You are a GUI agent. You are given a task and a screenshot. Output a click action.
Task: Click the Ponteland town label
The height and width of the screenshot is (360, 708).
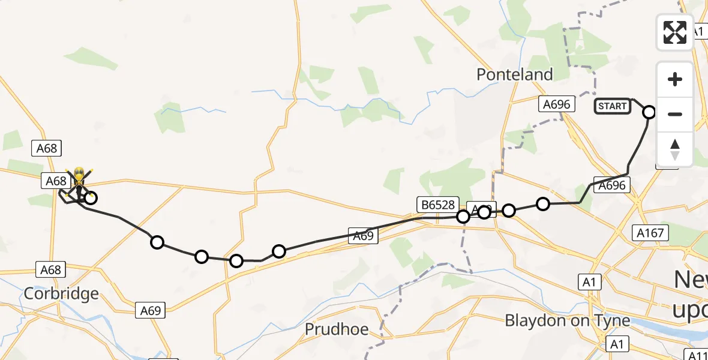click(x=514, y=74)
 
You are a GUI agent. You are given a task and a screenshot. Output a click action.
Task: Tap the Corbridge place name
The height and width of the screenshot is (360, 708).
click(x=61, y=294)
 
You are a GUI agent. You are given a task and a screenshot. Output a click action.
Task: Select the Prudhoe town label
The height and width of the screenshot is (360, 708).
click(x=336, y=329)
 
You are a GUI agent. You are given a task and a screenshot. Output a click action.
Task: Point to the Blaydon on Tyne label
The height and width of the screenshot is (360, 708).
click(x=568, y=320)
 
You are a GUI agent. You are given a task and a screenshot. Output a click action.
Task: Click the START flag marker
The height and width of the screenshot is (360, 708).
click(x=612, y=106)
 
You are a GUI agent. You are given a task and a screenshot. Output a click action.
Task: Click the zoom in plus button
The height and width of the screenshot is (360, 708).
click(x=675, y=80)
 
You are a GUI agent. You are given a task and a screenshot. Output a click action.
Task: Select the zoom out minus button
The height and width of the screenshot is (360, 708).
click(x=675, y=114)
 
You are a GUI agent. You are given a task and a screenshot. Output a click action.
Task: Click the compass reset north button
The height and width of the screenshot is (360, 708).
click(x=675, y=149)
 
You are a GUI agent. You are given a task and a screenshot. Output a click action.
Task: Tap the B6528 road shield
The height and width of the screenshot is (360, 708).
click(x=436, y=205)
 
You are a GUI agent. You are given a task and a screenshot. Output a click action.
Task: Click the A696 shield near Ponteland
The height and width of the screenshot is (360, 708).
click(x=556, y=104)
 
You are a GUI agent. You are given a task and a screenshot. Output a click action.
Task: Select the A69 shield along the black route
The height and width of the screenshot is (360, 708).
click(x=364, y=236)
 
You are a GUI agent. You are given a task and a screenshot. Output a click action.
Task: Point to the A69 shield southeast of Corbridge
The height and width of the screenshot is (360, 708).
click(x=151, y=310)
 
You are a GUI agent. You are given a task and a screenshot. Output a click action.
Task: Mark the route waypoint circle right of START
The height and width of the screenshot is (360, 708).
click(x=649, y=112)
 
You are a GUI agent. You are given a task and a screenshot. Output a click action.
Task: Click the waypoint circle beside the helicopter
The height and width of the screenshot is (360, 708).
click(x=90, y=197)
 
